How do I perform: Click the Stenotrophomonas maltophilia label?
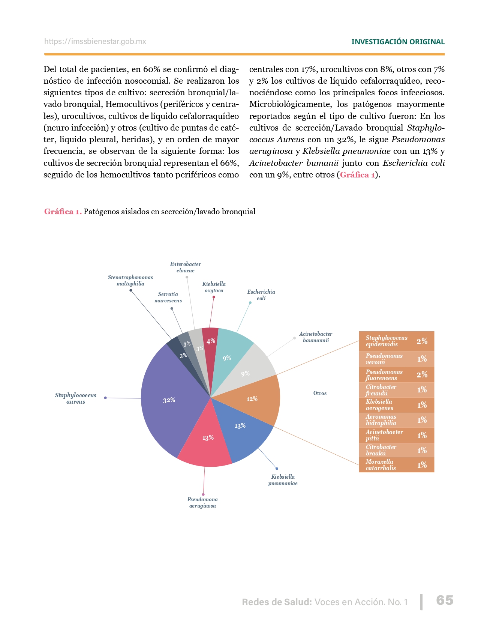click(x=130, y=281)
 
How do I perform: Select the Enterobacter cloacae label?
click(x=186, y=267)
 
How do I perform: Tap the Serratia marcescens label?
click(x=168, y=297)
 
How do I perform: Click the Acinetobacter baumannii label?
click(x=316, y=337)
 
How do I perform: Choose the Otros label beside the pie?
click(x=320, y=393)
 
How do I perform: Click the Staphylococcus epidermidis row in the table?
click(x=396, y=341)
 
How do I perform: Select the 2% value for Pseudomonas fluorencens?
click(x=422, y=375)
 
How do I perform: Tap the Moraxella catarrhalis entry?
click(x=396, y=465)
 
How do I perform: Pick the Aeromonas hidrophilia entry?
click(x=396, y=420)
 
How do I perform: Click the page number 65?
click(x=445, y=600)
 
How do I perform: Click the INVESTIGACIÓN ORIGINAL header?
click(x=398, y=42)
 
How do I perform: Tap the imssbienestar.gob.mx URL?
click(x=95, y=42)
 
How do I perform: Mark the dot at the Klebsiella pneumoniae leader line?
click(x=277, y=469)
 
